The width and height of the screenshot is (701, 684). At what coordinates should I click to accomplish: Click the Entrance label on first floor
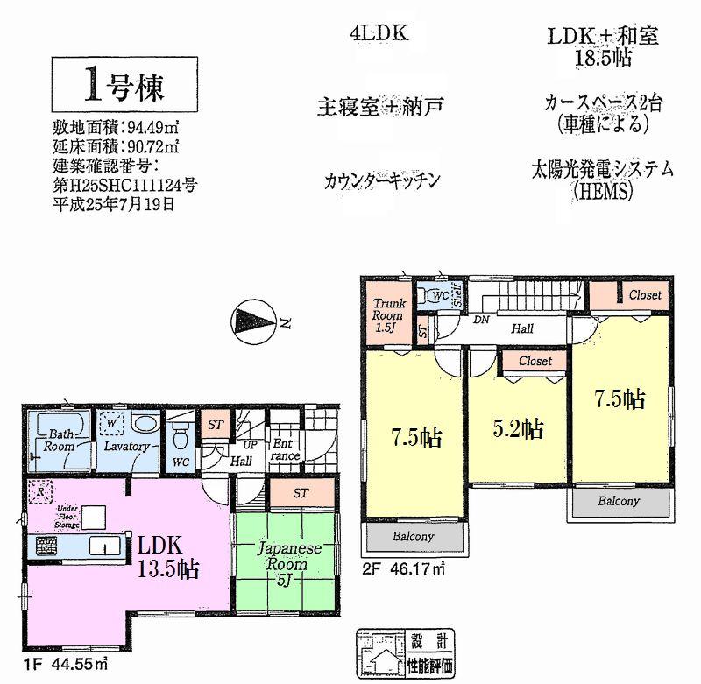[286, 449]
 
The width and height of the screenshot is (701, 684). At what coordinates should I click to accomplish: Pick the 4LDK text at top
[379, 36]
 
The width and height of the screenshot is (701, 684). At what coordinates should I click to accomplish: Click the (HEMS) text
[600, 191]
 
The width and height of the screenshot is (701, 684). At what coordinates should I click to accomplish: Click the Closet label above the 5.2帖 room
[535, 361]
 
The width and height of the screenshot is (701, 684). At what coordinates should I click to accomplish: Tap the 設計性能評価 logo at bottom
[407, 653]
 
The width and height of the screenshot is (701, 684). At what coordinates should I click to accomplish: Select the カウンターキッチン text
[380, 182]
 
